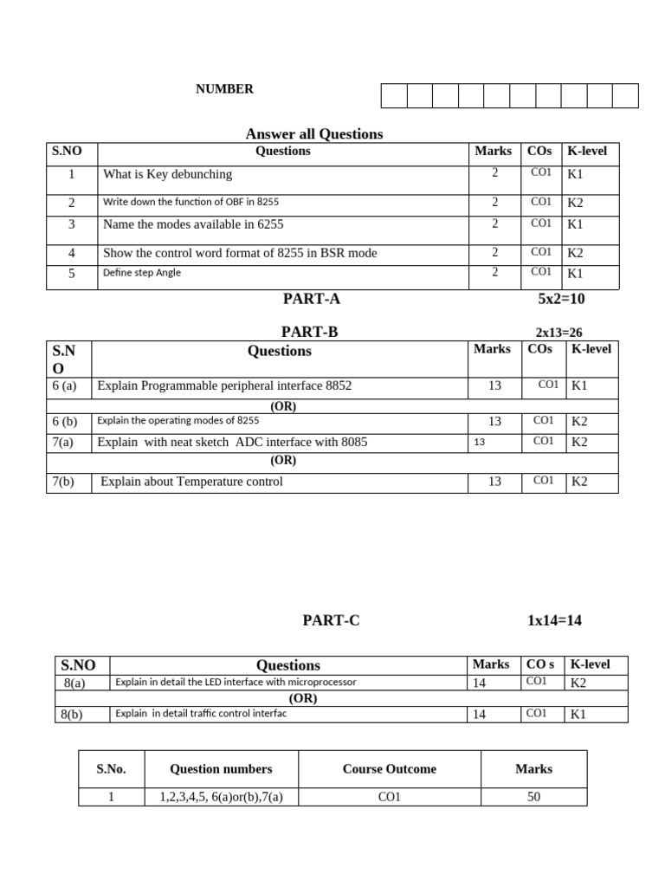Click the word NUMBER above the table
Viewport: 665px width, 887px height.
[x=224, y=89]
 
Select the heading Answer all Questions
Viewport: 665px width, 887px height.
[x=313, y=133]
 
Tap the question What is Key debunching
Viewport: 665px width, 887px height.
[x=167, y=174]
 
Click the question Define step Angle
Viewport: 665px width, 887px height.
[x=142, y=273]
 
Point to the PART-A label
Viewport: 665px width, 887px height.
[x=311, y=299]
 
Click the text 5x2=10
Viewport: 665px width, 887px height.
[x=561, y=299]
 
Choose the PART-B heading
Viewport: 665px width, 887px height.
[x=309, y=332]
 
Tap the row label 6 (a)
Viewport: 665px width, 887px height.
[x=64, y=385]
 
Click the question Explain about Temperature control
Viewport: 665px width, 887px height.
[x=191, y=482]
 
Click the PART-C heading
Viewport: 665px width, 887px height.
[x=330, y=620]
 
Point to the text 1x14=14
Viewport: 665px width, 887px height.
[x=554, y=620]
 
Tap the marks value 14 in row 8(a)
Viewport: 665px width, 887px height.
[x=479, y=683]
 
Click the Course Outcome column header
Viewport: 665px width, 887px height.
[x=389, y=769]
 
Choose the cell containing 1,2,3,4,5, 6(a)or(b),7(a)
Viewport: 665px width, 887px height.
[x=221, y=797]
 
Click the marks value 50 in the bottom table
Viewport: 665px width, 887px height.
[x=533, y=797]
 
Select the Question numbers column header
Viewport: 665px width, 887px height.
[x=221, y=769]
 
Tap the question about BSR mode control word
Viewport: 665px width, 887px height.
[x=240, y=254]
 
